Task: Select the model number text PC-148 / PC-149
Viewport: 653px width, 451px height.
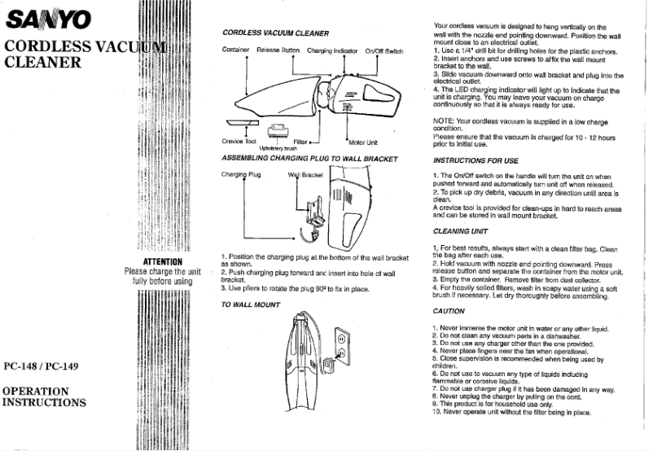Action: point(41,366)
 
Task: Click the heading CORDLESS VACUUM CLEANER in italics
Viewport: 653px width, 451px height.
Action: point(275,33)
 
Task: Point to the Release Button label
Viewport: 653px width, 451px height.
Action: point(278,50)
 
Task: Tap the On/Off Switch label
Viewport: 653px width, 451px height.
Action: point(383,50)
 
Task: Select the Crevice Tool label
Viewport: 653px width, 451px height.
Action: point(238,142)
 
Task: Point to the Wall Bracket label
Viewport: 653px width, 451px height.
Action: point(305,174)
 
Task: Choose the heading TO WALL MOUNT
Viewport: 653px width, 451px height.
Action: point(252,304)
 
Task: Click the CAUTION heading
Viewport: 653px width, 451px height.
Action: point(449,311)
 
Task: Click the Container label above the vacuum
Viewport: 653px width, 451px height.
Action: point(235,50)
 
